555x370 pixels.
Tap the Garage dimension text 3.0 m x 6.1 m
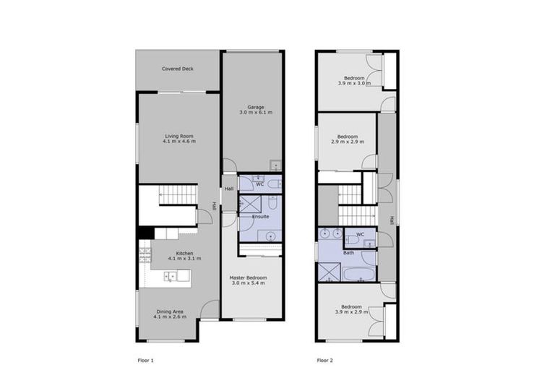(x=251, y=113)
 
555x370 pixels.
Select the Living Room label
(x=178, y=136)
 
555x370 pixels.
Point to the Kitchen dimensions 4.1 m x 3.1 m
(x=179, y=258)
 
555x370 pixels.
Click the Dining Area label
(x=170, y=311)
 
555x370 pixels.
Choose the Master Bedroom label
(x=249, y=277)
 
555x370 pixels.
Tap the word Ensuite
(x=260, y=216)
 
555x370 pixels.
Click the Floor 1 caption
(x=146, y=359)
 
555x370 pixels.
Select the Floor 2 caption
(x=325, y=359)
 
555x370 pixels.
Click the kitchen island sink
(x=171, y=275)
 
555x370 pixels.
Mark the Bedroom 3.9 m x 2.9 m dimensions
(x=352, y=311)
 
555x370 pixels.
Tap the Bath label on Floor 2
(x=348, y=253)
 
